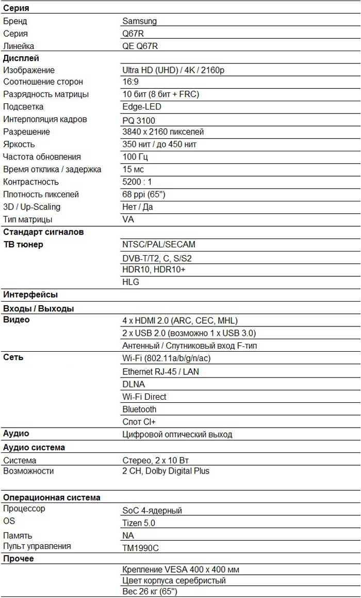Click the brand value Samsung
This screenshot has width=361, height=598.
pyautogui.click(x=139, y=21)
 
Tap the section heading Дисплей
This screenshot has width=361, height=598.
pyautogui.click(x=21, y=58)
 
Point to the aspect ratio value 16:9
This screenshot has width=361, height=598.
pyautogui.click(x=130, y=82)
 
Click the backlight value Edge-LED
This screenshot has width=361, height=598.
pyautogui.click(x=142, y=107)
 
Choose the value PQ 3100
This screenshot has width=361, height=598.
pyautogui.click(x=139, y=120)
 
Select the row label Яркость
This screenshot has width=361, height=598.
pyautogui.click(x=19, y=144)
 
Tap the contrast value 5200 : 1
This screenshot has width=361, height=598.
pyautogui.click(x=137, y=182)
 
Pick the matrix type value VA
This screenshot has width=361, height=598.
pyautogui.click(x=127, y=219)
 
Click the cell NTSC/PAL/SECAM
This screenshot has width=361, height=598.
pyautogui.click(x=159, y=245)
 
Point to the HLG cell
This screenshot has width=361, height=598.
pyautogui.click(x=130, y=282)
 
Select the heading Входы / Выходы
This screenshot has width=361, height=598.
pyautogui.click(x=39, y=308)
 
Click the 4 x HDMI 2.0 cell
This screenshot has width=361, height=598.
pyautogui.click(x=180, y=321)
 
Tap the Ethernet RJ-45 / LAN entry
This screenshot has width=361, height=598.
pyautogui.click(x=160, y=372)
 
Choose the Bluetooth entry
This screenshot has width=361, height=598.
pyautogui.click(x=139, y=409)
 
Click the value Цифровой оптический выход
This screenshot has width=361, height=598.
pyautogui.click(x=177, y=434)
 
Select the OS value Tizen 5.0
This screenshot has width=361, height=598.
pyautogui.click(x=139, y=523)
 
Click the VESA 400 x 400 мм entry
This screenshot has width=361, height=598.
pyautogui.click(x=180, y=570)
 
